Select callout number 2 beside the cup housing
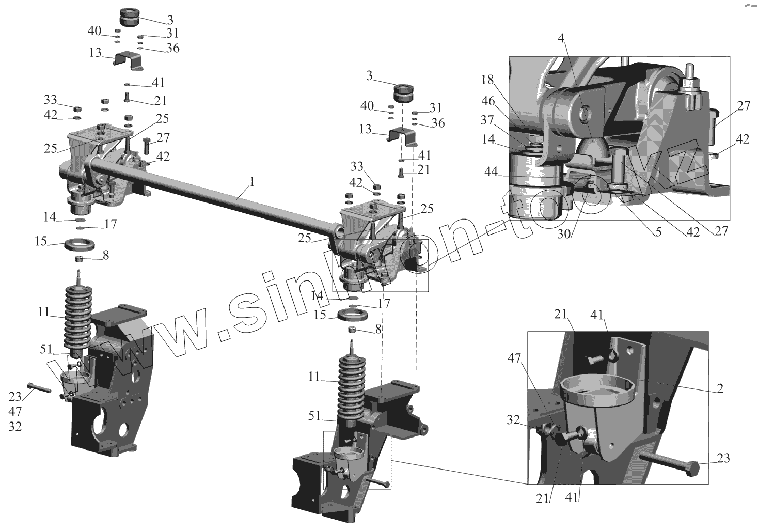click(719, 389)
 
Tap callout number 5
click(658, 232)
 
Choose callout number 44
click(491, 171)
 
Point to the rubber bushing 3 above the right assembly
click(405, 93)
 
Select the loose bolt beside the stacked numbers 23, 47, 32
click(39, 388)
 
